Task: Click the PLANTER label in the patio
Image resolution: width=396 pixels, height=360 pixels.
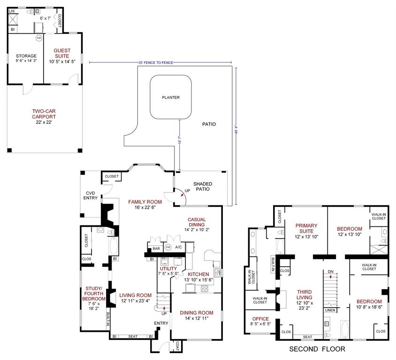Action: pos(171,97)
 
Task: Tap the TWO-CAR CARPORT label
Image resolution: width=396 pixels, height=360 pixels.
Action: pos(44,114)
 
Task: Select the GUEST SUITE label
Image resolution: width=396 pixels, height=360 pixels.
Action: pos(62,53)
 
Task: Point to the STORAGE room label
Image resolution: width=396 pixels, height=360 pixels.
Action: pos(26,56)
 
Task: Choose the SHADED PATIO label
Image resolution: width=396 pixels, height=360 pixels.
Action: pos(203,186)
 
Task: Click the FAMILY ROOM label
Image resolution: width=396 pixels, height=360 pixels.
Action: pos(145,202)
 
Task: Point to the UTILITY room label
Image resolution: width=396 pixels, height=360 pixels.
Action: pos(168,269)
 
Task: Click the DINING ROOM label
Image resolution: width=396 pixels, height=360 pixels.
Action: pos(197,313)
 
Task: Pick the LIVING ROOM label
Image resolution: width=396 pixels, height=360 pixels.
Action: pos(135,295)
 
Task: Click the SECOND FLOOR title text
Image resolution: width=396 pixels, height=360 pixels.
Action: pos(317,349)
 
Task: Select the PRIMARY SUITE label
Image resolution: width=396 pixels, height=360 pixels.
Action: pos(306,228)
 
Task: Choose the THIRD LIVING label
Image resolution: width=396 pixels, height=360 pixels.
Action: pos(304,295)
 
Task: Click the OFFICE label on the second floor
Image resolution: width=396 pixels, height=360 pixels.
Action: pos(258,319)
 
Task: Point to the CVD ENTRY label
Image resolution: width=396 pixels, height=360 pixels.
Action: pos(91,195)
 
